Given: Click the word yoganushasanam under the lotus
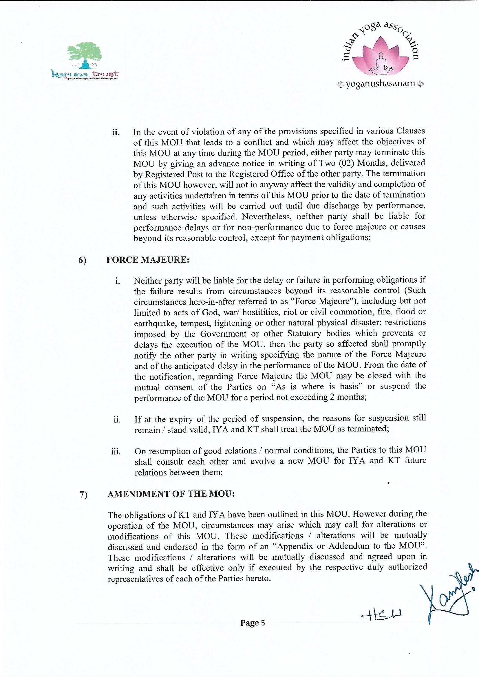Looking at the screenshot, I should pyautogui.click(x=381, y=84).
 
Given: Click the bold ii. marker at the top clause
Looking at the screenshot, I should pyautogui.click(x=116, y=132).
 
